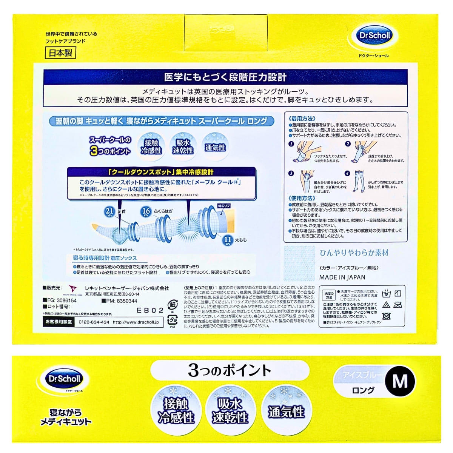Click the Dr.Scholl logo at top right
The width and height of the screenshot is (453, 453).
(x=374, y=36)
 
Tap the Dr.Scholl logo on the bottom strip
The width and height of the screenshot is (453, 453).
(x=65, y=378)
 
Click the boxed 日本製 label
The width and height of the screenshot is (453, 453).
(x=60, y=52)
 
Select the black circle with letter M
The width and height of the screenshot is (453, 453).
(x=400, y=381)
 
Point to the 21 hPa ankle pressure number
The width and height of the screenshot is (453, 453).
(x=109, y=211)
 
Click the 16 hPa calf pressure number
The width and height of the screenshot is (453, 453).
(x=146, y=211)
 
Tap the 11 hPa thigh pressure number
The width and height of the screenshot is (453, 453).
(x=228, y=239)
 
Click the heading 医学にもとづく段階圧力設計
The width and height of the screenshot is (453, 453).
(x=225, y=77)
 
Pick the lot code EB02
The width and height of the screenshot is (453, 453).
(x=150, y=310)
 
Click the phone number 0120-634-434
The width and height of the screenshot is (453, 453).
(x=94, y=322)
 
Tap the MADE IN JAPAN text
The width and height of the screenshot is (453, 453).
(x=342, y=277)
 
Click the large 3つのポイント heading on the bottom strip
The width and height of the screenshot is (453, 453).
(x=230, y=370)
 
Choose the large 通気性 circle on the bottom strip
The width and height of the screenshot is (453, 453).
(x=286, y=411)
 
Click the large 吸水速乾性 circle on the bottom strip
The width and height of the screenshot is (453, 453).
(x=230, y=411)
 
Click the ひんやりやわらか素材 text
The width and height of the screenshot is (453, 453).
(x=354, y=253)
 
